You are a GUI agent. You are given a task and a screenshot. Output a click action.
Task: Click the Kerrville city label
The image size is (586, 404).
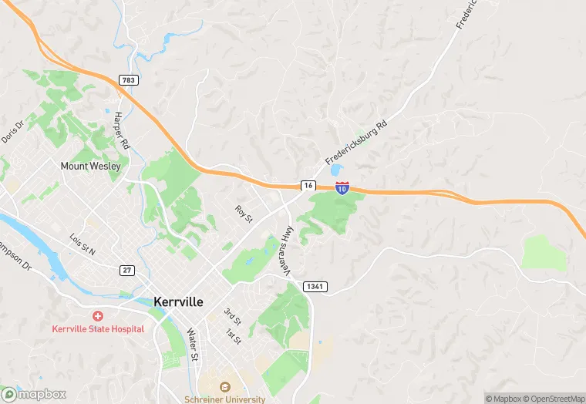pyautogui.click(x=178, y=302)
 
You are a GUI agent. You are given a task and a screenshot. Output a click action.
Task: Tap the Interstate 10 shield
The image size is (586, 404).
pyautogui.click(x=342, y=187)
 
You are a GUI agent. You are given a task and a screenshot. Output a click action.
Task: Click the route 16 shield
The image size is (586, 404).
pyautogui.click(x=308, y=186)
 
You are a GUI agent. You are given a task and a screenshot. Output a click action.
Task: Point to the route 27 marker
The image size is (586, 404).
pyautogui.click(x=127, y=270)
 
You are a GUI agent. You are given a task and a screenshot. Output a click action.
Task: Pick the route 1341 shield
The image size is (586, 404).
pyautogui.click(x=315, y=287)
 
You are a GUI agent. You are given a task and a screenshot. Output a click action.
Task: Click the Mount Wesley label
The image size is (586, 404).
pyautogui.click(x=91, y=166)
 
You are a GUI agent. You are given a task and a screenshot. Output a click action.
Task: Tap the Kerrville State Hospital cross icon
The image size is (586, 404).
pyautogui.click(x=98, y=316)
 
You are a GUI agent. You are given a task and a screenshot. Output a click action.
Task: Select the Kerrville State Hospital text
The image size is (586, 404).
pyautogui.click(x=98, y=329)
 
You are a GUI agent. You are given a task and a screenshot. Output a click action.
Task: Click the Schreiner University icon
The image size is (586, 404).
pyautogui.click(x=225, y=387)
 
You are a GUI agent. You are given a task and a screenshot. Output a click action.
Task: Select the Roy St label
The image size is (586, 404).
pyautogui.click(x=244, y=214)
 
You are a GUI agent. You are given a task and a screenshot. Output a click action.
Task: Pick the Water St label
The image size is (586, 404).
pyautogui.click(x=193, y=345)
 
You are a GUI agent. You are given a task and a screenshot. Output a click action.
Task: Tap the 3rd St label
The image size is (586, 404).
pyautogui.click(x=232, y=316)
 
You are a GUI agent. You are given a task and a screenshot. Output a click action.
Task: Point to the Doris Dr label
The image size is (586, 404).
pyautogui.click(x=12, y=132)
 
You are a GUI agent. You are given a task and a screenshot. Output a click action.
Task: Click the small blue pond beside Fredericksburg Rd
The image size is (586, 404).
pyautogui.click(x=335, y=170)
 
